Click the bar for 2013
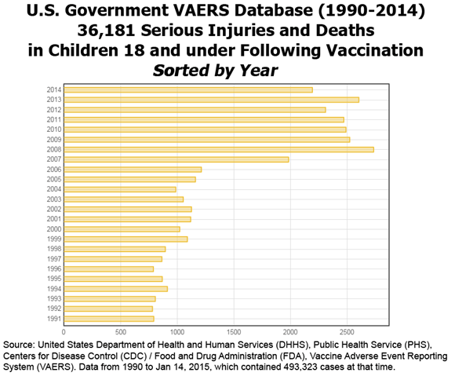coord(211,100)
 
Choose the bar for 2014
coord(187,89)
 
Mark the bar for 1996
coord(108,268)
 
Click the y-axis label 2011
coord(53,119)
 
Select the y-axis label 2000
coord(53,228)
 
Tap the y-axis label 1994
coord(53,288)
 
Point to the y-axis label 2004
coord(53,189)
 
